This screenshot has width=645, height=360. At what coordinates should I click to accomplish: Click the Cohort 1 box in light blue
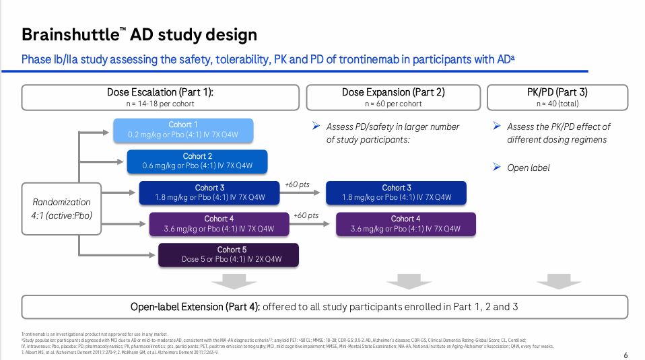[183, 130]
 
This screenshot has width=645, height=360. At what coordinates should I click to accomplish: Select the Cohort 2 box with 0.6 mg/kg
[197, 161]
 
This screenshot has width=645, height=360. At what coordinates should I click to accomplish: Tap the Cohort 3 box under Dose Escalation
[209, 192]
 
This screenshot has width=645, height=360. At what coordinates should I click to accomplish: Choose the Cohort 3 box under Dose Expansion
[397, 192]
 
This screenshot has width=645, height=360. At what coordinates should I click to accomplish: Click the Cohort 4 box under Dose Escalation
[219, 223]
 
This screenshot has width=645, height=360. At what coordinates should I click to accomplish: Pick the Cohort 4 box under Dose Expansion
[405, 223]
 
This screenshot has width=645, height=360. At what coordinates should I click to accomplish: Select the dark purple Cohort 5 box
[228, 254]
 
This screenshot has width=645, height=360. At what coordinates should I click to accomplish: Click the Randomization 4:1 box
[62, 208]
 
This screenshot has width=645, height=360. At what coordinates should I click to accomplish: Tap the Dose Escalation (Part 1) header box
[164, 98]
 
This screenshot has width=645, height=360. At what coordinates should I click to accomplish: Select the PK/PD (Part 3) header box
[557, 98]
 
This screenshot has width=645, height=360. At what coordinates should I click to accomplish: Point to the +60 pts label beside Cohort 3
[297, 184]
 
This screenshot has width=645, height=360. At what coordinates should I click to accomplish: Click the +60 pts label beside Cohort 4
[306, 215]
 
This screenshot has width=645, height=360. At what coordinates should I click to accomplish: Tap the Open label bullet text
[528, 168]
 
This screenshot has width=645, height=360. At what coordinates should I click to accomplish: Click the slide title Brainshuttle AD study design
[139, 34]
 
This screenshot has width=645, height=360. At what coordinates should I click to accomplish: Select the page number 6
[625, 355]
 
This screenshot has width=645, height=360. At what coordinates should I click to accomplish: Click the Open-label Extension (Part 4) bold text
[195, 307]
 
